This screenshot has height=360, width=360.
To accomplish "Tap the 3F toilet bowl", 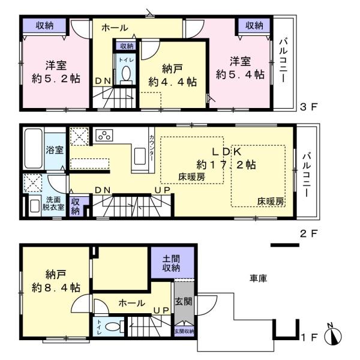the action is tap(126, 74).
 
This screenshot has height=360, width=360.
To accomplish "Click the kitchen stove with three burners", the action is tap(104, 135).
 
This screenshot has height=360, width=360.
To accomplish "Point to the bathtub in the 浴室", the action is tap(34, 149).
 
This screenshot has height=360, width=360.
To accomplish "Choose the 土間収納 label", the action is tap(171, 263).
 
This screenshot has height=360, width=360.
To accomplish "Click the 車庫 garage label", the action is tap(258, 278).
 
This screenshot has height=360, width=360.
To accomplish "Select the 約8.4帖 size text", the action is tap(56, 287).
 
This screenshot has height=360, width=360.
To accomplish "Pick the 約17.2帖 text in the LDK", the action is tap(226, 164).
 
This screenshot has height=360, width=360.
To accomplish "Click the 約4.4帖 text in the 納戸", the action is tap(172, 82).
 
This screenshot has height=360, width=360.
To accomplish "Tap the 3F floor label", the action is tap(308, 107).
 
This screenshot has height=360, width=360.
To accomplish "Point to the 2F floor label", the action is tap(308, 234).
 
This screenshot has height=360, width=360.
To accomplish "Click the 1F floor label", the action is tap(309, 337).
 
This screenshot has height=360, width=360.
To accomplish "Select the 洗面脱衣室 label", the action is tap(53, 203).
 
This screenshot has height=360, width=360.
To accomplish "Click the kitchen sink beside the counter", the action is tap(140, 156).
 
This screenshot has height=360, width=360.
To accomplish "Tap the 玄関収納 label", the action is tap(184, 331).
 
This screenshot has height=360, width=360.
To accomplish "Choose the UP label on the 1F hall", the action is tap(161, 310).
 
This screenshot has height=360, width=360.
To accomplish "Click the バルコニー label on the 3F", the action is tap(283, 61).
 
